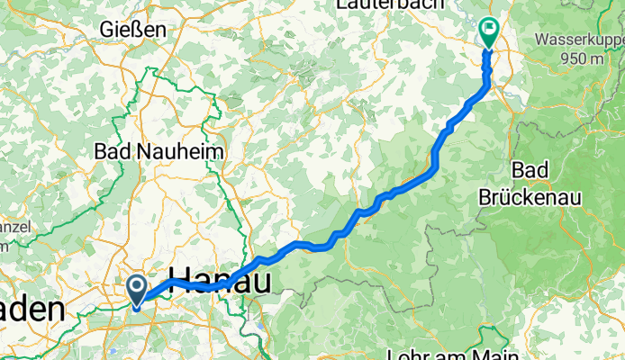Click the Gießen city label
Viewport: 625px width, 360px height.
click(x=134, y=30)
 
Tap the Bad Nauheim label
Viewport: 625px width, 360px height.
click(x=159, y=152)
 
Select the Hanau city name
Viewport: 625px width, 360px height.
click(x=220, y=281)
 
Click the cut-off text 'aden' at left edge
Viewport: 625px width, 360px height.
click(x=32, y=310)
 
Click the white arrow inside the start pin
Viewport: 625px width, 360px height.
click(x=137, y=288)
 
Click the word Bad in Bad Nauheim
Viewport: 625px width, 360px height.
click(x=112, y=152)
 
